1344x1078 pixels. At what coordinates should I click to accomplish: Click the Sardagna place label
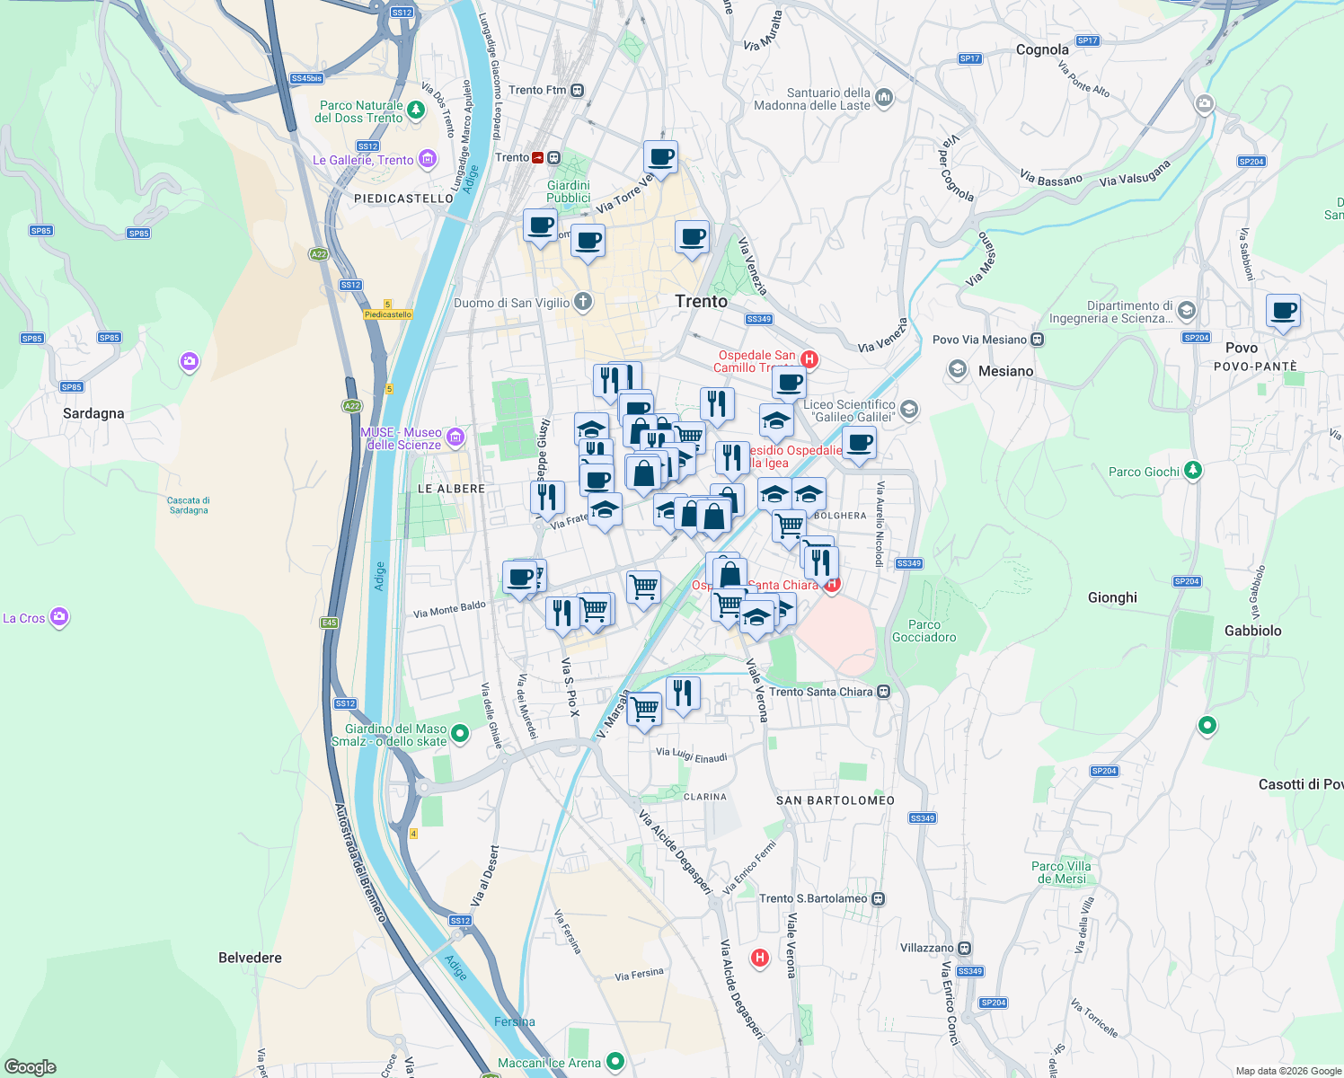(x=93, y=413)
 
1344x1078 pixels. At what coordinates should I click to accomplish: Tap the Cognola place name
(x=1042, y=50)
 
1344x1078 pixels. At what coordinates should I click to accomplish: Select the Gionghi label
(x=1112, y=597)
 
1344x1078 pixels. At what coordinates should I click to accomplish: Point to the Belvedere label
(x=250, y=958)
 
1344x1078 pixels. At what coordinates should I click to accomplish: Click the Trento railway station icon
(x=537, y=157)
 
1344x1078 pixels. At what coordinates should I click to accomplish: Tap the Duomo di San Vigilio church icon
(x=583, y=302)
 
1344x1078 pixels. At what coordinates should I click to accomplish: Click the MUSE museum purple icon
(x=455, y=437)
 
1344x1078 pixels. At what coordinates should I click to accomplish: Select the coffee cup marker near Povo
(x=1284, y=311)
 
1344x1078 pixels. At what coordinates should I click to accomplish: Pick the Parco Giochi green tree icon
(x=1192, y=470)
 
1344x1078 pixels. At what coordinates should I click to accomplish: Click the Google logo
(x=30, y=1067)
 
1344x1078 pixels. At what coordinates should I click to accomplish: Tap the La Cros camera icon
(x=59, y=617)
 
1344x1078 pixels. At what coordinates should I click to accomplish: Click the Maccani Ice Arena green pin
(x=615, y=1062)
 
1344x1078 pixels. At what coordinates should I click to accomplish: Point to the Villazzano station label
(x=927, y=948)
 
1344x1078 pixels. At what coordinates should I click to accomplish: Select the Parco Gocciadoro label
(x=924, y=631)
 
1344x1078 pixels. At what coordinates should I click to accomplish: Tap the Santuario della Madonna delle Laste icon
(x=884, y=97)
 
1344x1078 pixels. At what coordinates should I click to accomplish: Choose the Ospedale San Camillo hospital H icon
(x=809, y=360)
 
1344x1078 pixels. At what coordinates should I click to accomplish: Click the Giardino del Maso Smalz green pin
(x=460, y=734)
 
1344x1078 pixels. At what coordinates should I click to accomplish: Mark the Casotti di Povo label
(x=1300, y=784)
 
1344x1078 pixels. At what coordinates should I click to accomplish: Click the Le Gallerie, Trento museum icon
(x=428, y=161)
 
